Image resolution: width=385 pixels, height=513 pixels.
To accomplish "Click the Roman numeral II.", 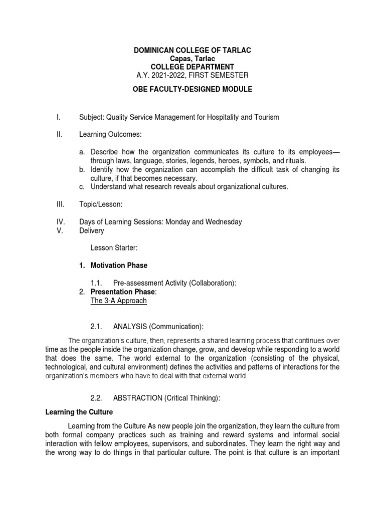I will pos(59,134).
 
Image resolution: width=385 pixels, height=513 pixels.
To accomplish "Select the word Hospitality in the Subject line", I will pos(235,117).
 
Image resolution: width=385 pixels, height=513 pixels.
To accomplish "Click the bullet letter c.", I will pos(82,187).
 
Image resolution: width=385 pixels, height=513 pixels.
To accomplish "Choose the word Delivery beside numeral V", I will pos(92,231).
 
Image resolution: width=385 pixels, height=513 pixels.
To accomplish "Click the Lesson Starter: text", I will pos(113,247).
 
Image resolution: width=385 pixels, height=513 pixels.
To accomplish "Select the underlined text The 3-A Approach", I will pos(118,301).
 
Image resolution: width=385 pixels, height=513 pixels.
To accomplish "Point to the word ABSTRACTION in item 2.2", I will pos(137,398).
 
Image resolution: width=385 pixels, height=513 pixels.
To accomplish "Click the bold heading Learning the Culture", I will pos(79,412).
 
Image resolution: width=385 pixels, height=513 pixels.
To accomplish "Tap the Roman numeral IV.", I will pos(59,221).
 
